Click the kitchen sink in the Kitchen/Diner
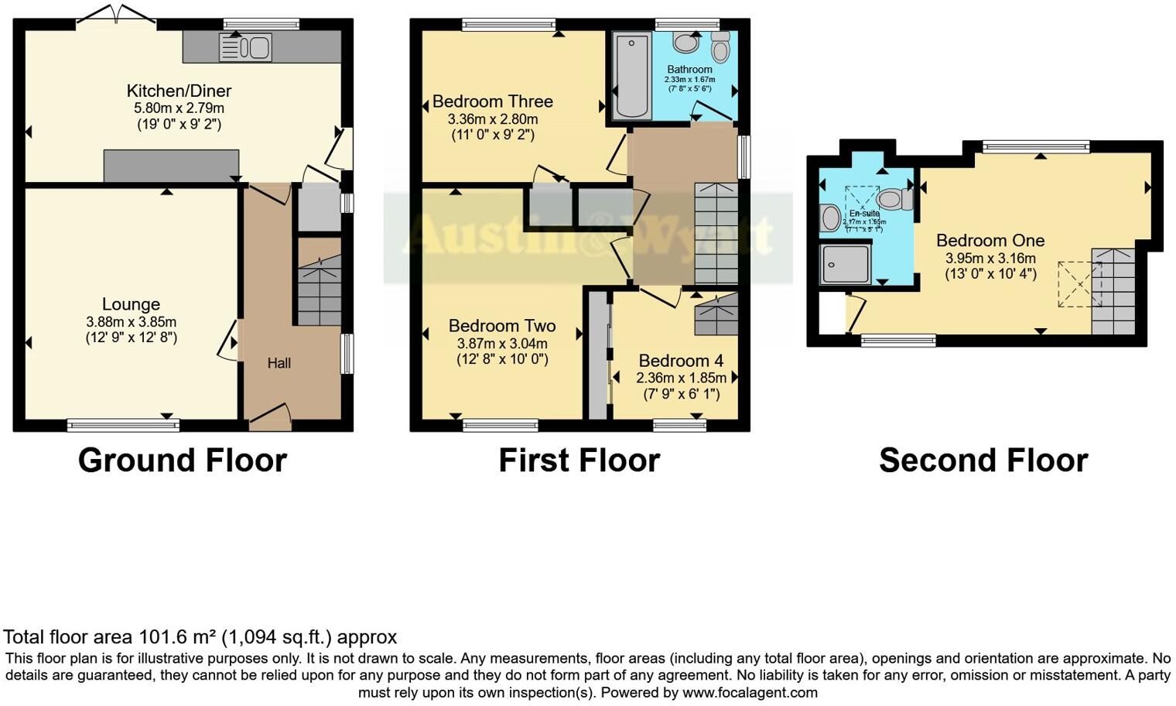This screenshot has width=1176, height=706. coord(245,48)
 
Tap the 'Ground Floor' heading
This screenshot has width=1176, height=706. coord(183,461)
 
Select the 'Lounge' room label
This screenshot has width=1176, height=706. coord(131,304)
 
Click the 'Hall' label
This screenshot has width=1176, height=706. coord(279,363)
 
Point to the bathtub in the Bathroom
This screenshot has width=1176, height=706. coord(632,76)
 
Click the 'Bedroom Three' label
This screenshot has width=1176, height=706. coord(492,101)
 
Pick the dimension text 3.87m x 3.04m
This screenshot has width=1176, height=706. coord(502,344)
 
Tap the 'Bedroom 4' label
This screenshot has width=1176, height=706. coord(681,361)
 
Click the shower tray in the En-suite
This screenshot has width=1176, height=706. coord(846,264)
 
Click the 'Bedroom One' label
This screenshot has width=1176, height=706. coord(990,241)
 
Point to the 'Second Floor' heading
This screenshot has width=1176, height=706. coord(983,461)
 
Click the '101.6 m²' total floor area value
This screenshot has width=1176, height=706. coord(177,637)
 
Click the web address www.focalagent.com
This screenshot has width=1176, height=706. coord(750,692)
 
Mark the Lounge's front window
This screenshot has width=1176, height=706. coord(123,424)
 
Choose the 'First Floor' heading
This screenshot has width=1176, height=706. coord(579,461)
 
